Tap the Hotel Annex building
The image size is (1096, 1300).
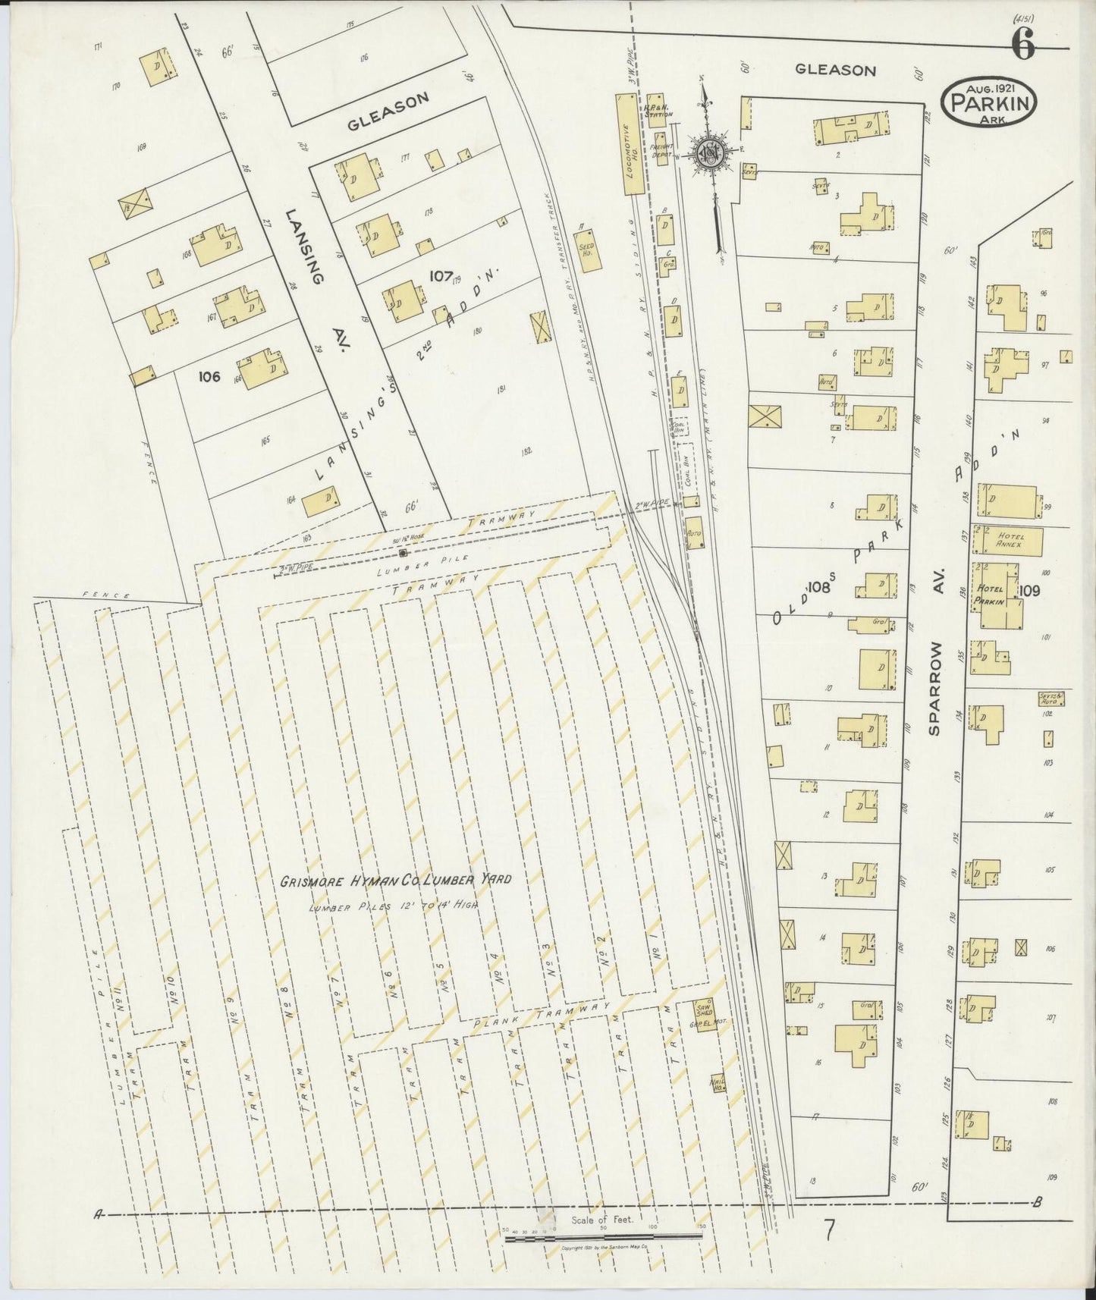tap(1010, 539)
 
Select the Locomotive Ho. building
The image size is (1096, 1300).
tap(627, 144)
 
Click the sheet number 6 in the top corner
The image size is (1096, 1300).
tap(1023, 46)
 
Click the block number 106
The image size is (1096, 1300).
tap(209, 376)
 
